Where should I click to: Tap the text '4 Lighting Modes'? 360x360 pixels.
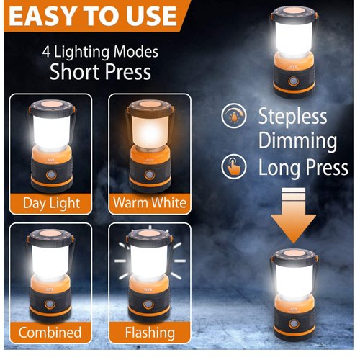(99, 52)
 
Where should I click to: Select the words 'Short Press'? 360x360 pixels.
(99, 72)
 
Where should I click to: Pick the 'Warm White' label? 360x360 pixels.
(150, 202)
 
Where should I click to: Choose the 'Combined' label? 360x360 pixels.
(50, 333)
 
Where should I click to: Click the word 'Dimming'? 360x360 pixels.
(297, 141)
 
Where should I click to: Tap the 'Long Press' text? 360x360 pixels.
(302, 168)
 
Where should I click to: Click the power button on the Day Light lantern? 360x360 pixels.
(50, 176)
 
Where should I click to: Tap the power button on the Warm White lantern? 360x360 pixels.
(149, 176)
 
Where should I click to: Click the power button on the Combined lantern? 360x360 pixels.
(50, 306)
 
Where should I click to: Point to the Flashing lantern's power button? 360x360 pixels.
(148, 306)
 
